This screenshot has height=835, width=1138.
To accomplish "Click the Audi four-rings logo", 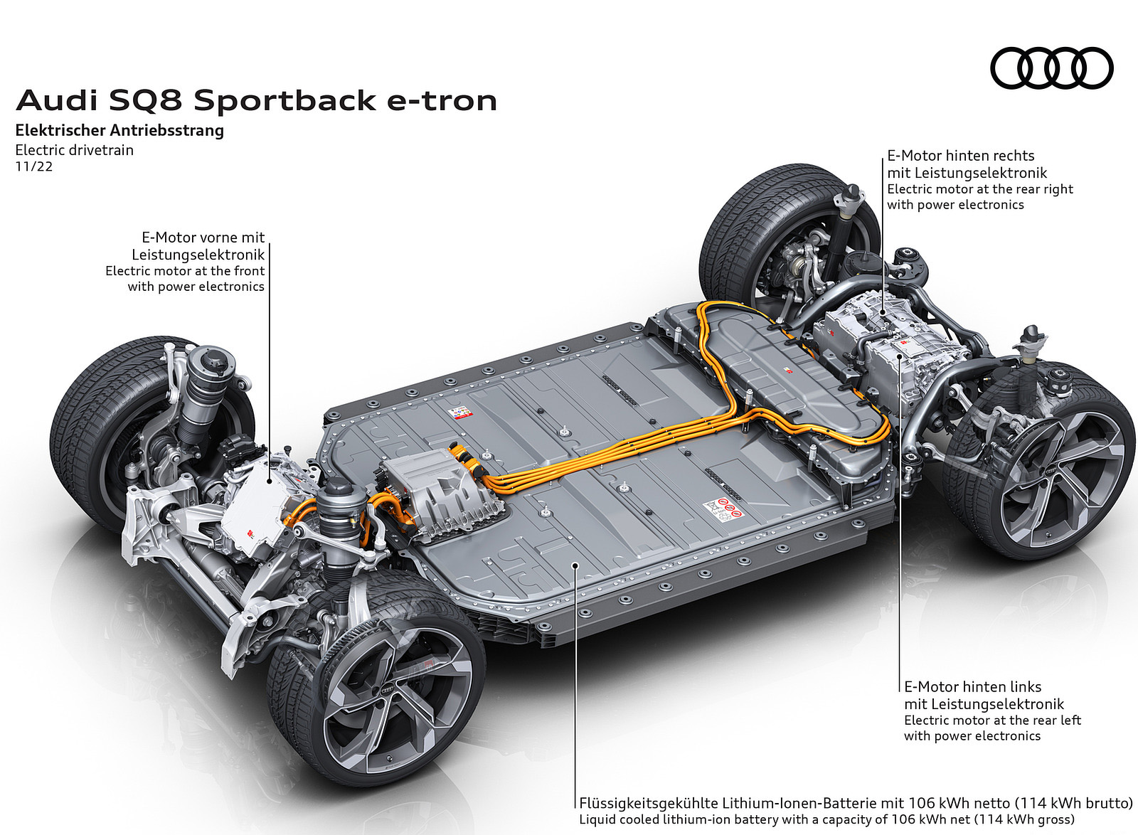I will pos(1051,68).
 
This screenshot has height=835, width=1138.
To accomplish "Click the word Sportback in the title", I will pos(284,100).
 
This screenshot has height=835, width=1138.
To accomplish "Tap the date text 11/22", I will pos(34,167).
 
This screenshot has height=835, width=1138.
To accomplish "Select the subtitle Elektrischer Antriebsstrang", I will pos(119,130).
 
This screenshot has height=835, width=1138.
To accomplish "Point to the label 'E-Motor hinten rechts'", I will pos(960,156).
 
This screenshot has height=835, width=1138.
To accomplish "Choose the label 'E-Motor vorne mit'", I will pos(203,238).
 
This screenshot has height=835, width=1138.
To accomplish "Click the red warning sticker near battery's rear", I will pos(722,509).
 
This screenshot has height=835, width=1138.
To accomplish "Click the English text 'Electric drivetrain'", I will pos(74,150).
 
